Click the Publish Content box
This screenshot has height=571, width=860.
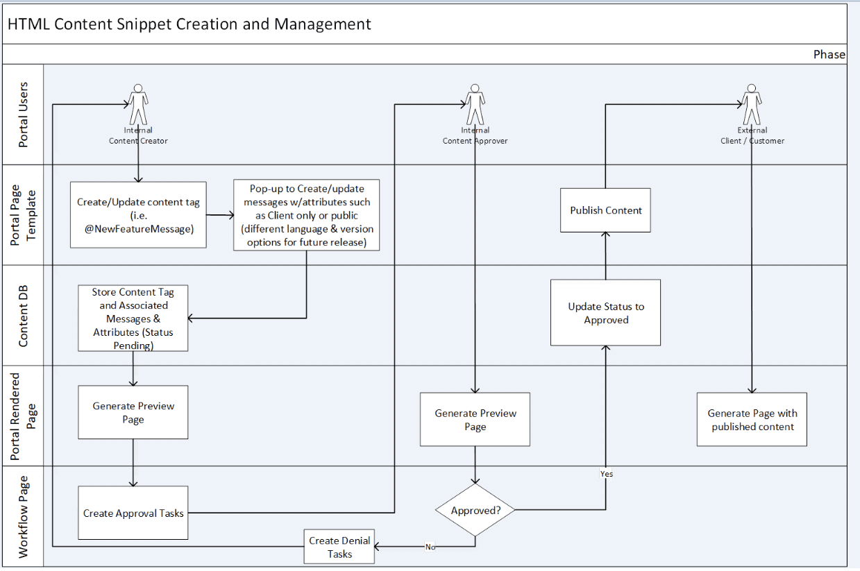(x=605, y=210)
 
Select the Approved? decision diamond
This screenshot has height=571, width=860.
(x=475, y=510)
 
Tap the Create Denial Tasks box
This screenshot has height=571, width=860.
(x=339, y=547)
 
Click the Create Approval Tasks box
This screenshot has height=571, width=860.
(x=133, y=513)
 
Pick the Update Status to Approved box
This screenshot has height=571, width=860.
(x=605, y=312)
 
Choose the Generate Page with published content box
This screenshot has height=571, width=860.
(x=752, y=419)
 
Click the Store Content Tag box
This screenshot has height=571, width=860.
(x=133, y=318)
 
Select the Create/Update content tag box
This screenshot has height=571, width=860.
(x=138, y=214)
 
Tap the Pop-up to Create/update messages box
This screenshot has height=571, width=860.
(x=306, y=215)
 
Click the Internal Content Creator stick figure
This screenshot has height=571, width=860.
(x=138, y=104)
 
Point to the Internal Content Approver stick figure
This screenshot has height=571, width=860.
(x=475, y=104)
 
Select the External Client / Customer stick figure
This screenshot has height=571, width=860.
(x=752, y=104)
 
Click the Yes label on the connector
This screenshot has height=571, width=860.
(x=606, y=474)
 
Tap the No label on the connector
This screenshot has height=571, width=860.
(x=430, y=547)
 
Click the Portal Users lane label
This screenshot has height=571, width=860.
(x=23, y=114)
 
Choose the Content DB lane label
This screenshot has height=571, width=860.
(x=23, y=316)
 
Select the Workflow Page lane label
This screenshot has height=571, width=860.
(x=23, y=516)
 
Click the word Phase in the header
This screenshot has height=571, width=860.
(x=829, y=54)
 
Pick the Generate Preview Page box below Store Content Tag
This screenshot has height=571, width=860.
(x=133, y=412)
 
